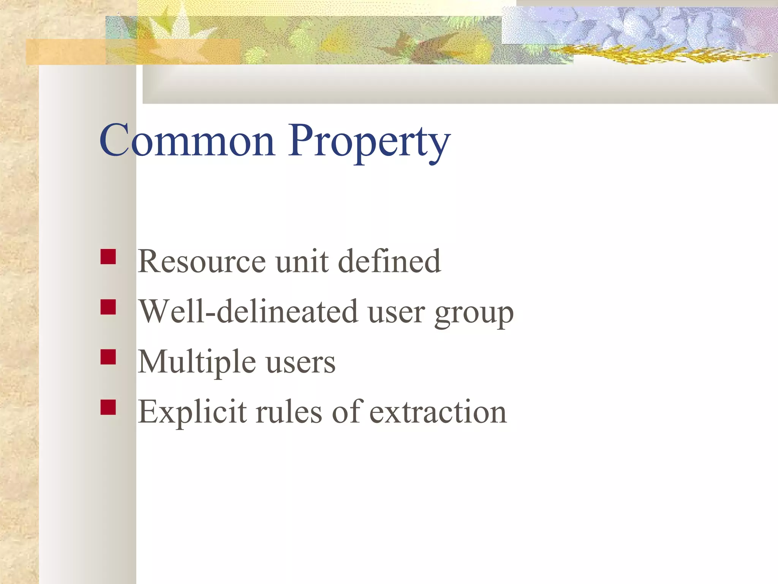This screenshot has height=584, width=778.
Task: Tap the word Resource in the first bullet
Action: [x=201, y=262]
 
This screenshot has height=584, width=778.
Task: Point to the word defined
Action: [x=389, y=262]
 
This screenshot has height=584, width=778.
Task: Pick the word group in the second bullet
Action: [x=474, y=314]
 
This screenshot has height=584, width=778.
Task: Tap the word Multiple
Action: [x=196, y=362]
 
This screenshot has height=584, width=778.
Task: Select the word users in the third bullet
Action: [x=300, y=363]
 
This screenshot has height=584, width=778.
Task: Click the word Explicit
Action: [x=192, y=412]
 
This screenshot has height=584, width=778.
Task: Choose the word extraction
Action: [x=438, y=413]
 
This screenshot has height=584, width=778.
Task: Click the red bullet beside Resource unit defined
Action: [x=108, y=257]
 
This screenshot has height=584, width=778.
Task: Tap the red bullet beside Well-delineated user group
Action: [x=108, y=307]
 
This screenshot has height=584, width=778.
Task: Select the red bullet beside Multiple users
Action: [x=108, y=357]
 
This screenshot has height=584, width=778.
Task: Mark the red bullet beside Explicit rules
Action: [x=108, y=407]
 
